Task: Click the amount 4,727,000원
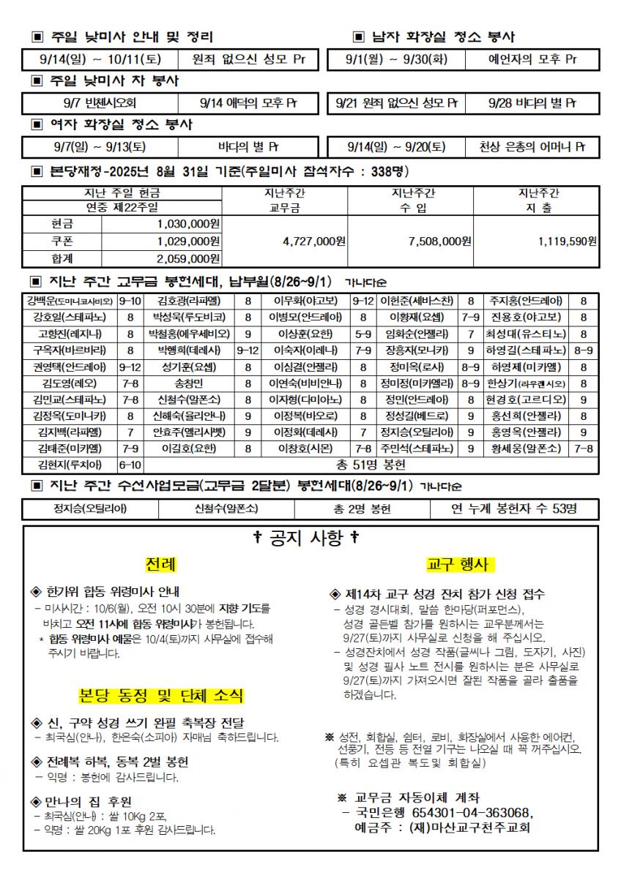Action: click(x=313, y=241)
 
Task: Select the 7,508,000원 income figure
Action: click(x=439, y=241)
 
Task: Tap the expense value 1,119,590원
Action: click(x=567, y=241)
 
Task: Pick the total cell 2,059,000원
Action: click(x=188, y=258)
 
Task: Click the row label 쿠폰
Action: click(x=62, y=241)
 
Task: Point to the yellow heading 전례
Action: click(x=160, y=565)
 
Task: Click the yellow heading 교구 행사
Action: click(x=458, y=565)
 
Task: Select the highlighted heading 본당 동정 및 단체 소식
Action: click(x=161, y=695)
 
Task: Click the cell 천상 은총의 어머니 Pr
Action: click(x=533, y=147)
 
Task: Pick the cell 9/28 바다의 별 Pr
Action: click(x=533, y=103)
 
